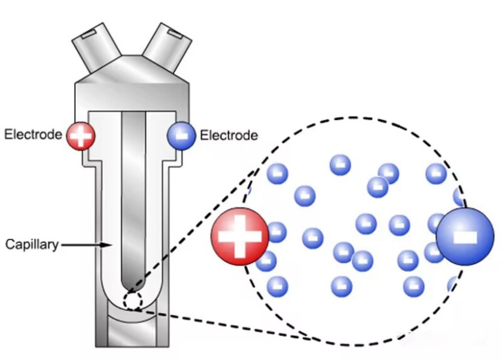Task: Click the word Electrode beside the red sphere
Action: coord(33,135)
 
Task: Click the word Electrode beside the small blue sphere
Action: coord(229,135)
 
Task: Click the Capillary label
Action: coord(32,245)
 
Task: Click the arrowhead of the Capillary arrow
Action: coord(109,245)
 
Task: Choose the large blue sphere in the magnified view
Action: coord(465,236)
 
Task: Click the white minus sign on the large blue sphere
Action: coord(465,236)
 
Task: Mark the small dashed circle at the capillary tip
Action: coord(133,301)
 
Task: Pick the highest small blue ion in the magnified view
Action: coord(340,165)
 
